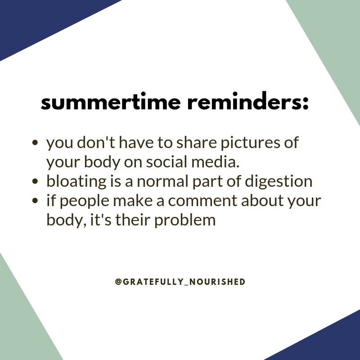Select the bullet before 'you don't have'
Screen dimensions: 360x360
[x=36, y=144]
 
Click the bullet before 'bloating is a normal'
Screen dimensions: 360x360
[x=36, y=182]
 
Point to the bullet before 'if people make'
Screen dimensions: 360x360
[x=36, y=201]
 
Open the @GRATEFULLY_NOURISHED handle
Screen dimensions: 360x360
[x=180, y=282]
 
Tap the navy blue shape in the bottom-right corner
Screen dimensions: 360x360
[x=328, y=342]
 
